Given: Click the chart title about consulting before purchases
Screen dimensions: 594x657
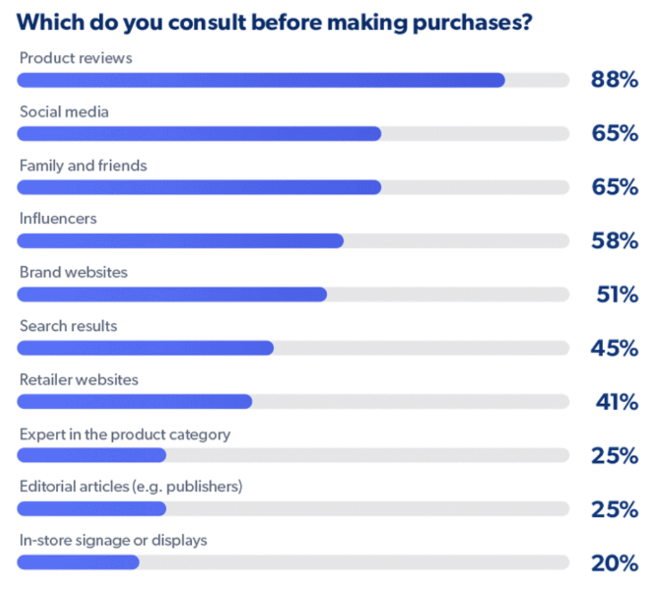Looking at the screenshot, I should pos(274,22).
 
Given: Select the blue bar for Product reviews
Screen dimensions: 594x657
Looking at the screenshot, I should pos(260,80).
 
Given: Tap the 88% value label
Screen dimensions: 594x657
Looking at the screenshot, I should pos(614,80).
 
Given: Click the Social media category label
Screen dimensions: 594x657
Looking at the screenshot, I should pos(64,112).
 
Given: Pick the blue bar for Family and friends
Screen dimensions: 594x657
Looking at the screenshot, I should pos(199,187).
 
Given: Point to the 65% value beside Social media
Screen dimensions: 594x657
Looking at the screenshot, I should pos(614,134).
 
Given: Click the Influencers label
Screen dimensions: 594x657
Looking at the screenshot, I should pos(58,219).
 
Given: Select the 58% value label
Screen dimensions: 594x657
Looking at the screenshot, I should pos(614,241).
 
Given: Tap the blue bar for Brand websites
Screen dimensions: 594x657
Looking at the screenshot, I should pos(172,294).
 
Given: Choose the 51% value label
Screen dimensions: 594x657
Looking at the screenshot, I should pos(617,295).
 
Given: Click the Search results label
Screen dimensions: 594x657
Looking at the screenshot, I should pos(69,326).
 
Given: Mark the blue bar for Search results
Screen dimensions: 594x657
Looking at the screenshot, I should pos(146,348).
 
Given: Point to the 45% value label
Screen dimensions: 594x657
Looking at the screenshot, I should pos(614,349).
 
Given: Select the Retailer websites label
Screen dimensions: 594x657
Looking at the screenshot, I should pos(79,380).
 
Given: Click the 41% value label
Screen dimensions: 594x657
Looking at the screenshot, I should pos(617,403).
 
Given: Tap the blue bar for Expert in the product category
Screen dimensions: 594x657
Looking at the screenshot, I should pos(92,455).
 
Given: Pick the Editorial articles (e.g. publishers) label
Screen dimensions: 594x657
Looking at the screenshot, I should pos(131,487).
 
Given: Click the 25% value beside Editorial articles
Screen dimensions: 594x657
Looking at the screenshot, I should pos(614,510).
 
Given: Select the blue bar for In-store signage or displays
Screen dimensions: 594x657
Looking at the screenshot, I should pos(78,563).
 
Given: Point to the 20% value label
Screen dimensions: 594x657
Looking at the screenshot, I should pos(614,564).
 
